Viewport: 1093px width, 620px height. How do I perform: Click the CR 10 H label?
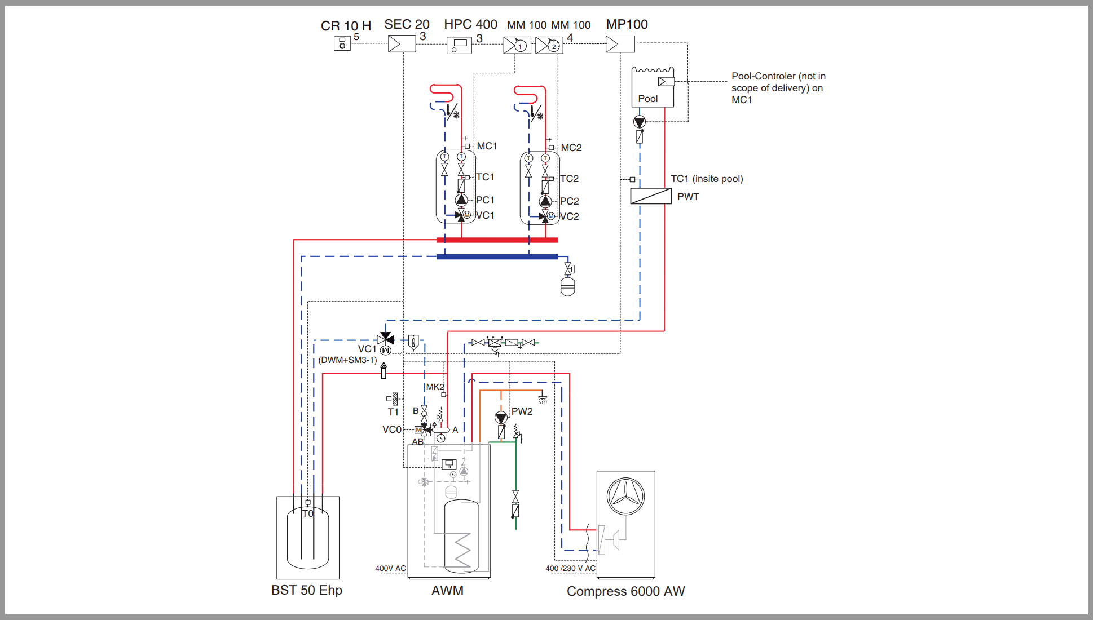click(346, 26)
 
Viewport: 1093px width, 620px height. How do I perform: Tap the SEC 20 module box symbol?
click(402, 44)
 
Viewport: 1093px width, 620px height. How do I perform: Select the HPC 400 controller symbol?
click(459, 45)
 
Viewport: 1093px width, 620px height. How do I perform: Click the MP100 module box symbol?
click(620, 44)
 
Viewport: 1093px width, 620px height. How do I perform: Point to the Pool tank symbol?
click(653, 87)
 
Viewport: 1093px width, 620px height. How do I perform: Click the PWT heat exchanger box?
click(651, 196)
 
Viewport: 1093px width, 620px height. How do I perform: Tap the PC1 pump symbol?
click(461, 200)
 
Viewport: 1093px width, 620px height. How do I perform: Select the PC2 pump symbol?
click(545, 201)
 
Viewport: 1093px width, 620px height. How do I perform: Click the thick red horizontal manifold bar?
click(497, 240)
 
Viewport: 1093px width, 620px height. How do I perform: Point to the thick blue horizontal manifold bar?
click(497, 256)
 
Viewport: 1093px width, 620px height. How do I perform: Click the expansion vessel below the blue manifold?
click(568, 286)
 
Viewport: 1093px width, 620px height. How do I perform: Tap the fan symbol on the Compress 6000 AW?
click(625, 496)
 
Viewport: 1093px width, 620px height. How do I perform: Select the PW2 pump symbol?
click(501, 418)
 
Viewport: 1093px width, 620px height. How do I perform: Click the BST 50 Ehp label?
click(307, 590)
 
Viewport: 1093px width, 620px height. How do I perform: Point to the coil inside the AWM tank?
click(462, 549)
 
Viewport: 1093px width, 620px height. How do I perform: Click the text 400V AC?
click(390, 568)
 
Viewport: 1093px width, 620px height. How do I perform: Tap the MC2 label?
click(571, 148)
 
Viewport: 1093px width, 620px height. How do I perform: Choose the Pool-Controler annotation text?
click(778, 88)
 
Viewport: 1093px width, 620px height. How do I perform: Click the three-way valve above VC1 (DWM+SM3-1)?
click(386, 339)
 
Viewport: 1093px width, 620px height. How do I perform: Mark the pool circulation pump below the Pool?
click(639, 122)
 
